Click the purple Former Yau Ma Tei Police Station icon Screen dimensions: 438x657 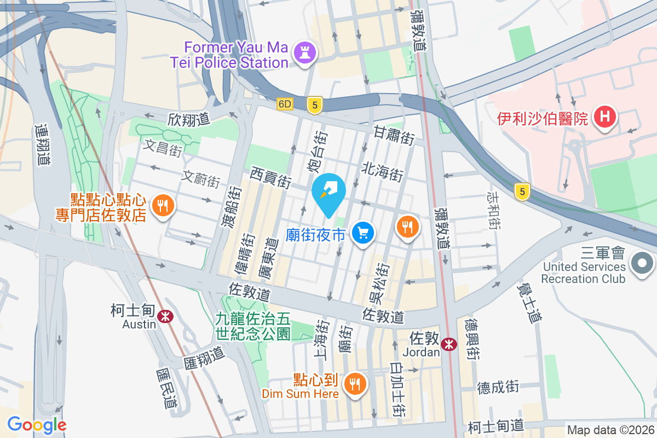click(x=302, y=53)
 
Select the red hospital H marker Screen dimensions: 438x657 click(x=604, y=117)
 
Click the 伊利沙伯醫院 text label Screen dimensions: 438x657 click(x=543, y=118)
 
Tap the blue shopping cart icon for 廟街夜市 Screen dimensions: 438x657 click(x=362, y=233)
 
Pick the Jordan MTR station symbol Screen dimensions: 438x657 click(x=449, y=344)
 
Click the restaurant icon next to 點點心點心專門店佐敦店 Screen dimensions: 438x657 click(x=162, y=206)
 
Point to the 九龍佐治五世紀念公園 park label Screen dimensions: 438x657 click(x=252, y=325)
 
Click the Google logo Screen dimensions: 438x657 click(x=37, y=425)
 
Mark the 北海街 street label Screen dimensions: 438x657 click(x=382, y=171)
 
